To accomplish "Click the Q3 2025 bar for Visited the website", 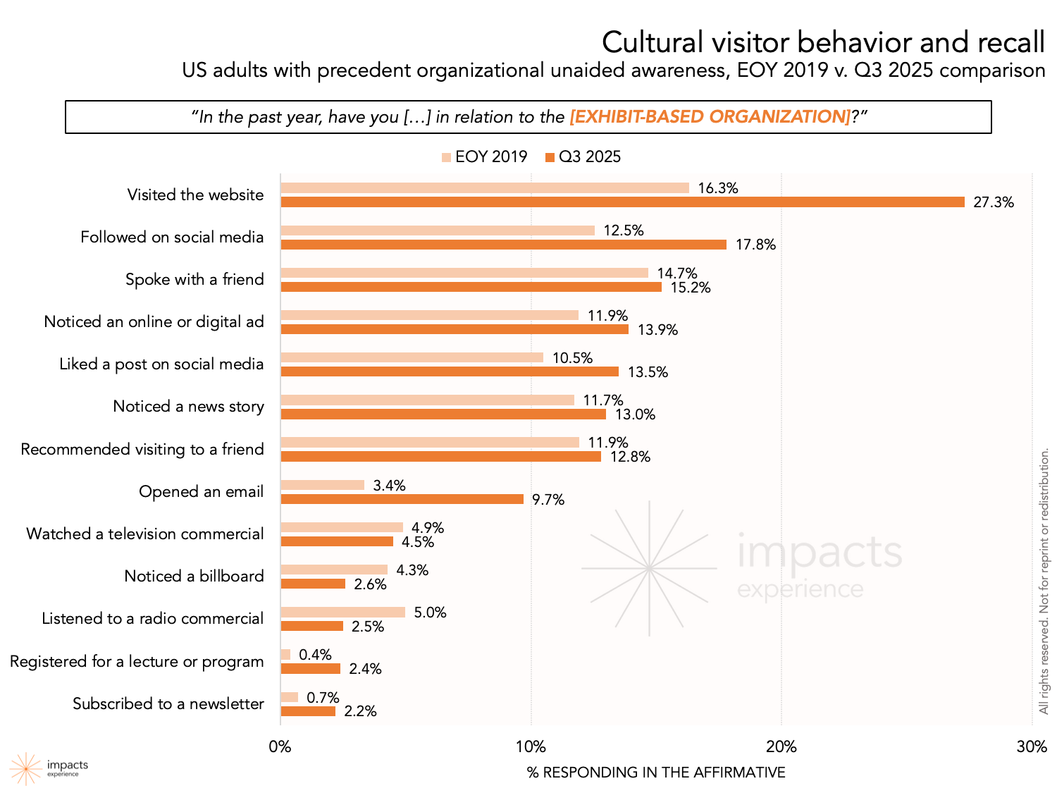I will click(x=622, y=202).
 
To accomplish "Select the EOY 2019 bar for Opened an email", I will click(x=322, y=485).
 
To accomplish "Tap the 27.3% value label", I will click(x=994, y=202).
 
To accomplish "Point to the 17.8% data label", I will click(x=755, y=245).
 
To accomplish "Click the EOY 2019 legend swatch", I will click(x=446, y=157).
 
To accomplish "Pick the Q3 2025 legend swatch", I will click(x=550, y=157).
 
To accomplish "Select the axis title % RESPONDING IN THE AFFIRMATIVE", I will click(x=656, y=773).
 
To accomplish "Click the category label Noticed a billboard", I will click(x=194, y=576).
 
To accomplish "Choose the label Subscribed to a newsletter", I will click(x=168, y=703).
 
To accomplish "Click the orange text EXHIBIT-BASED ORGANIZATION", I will click(x=710, y=117).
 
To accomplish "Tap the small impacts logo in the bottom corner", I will click(x=26, y=768).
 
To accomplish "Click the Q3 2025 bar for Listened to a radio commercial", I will click(x=312, y=626).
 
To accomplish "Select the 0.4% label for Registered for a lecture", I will click(x=315, y=655).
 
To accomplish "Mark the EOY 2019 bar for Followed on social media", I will click(x=438, y=230).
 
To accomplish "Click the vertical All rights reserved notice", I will click(x=1044, y=582).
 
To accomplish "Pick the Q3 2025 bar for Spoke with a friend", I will click(x=471, y=287).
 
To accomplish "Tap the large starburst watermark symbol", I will click(x=649, y=567).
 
